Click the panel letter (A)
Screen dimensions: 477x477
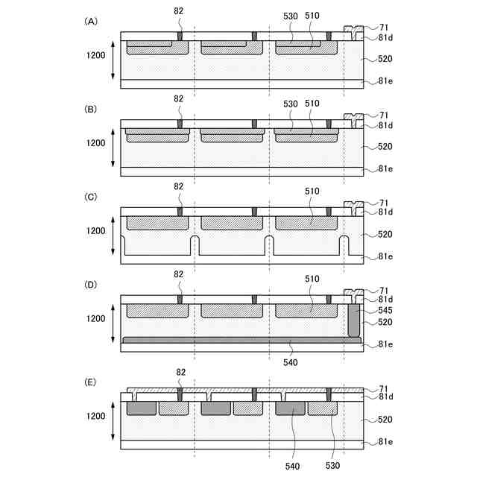pyautogui.click(x=91, y=22)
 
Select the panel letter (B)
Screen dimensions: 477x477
pyautogui.click(x=91, y=109)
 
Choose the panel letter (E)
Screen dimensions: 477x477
pyautogui.click(x=91, y=382)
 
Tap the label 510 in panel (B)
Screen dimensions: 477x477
pyautogui.click(x=312, y=104)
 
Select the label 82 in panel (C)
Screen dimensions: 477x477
pyautogui.click(x=179, y=186)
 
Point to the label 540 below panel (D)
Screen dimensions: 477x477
pyautogui.click(x=291, y=362)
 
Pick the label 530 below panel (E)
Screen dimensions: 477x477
pyautogui.click(x=332, y=465)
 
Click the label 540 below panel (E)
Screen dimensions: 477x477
pyautogui.click(x=291, y=465)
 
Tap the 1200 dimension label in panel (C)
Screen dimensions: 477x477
pyautogui.click(x=95, y=231)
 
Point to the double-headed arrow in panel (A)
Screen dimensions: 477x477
pyautogui.click(x=112, y=60)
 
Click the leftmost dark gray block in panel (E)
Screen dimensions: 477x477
pyautogui.click(x=141, y=409)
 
